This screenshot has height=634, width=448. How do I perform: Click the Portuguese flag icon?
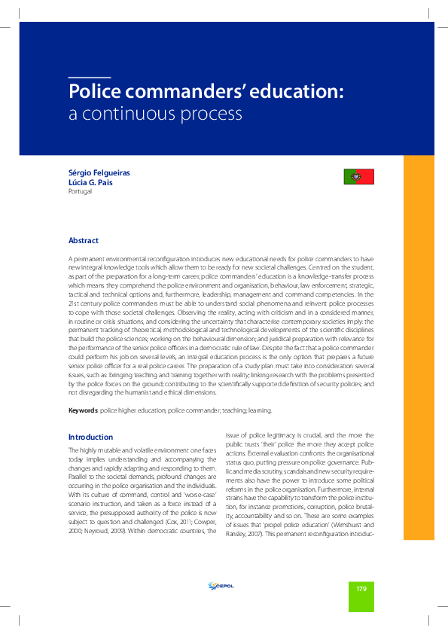coord(359,177)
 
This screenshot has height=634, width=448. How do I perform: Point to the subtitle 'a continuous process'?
coord(156,115)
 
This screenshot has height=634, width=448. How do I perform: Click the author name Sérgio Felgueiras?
coord(99,172)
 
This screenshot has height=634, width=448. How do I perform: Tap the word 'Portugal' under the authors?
coord(81,191)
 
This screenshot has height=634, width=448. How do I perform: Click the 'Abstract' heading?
coord(84,240)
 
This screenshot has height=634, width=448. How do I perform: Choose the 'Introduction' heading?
coord(91,437)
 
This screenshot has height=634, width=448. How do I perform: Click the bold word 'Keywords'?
coord(82,410)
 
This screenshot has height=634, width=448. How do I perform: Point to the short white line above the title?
coord(89,78)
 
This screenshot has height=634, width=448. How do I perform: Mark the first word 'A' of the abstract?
coord(70,258)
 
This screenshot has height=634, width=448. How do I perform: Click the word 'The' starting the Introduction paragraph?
coord(74,450)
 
